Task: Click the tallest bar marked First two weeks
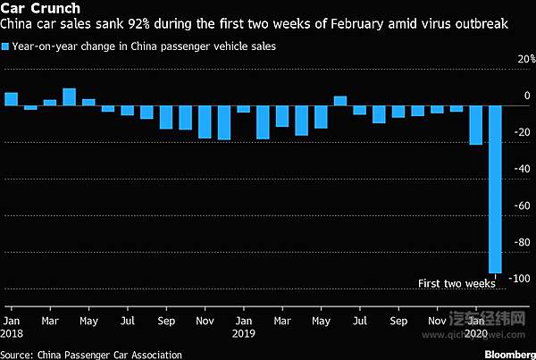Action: (x=495, y=188)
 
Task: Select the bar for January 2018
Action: (x=12, y=98)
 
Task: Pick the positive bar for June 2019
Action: (x=340, y=100)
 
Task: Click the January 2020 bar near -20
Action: (x=476, y=124)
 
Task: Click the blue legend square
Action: (x=7, y=44)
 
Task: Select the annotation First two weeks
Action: (x=456, y=284)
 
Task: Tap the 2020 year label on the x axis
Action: (x=480, y=333)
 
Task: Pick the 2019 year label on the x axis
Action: (x=243, y=333)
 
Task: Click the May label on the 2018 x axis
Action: (x=89, y=320)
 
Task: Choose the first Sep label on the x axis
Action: (x=166, y=320)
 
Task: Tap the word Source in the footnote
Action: (x=18, y=354)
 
